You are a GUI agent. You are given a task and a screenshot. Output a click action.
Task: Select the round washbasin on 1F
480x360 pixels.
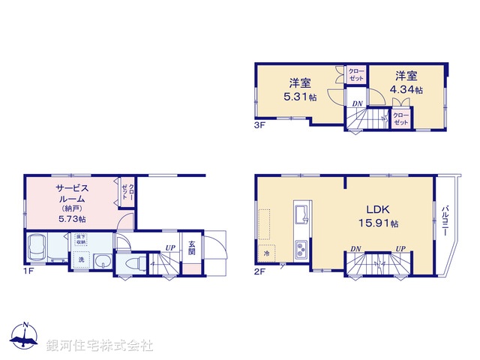[102, 260]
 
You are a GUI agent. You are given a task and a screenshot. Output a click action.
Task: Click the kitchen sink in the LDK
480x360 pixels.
[302, 213]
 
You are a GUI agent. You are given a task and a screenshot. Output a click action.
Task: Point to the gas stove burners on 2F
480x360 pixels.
[302, 247]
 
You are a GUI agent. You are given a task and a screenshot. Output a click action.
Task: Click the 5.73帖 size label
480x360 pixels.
[71, 218]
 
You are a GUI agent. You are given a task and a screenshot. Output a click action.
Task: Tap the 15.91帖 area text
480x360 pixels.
[382, 223]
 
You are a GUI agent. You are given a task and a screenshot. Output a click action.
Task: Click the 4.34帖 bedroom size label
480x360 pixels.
[407, 90]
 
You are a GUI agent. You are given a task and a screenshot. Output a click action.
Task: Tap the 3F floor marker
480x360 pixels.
[259, 125]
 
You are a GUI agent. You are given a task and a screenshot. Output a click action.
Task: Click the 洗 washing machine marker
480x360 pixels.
[80, 259]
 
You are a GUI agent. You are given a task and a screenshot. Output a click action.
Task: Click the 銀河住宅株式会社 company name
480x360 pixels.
[99, 345]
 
